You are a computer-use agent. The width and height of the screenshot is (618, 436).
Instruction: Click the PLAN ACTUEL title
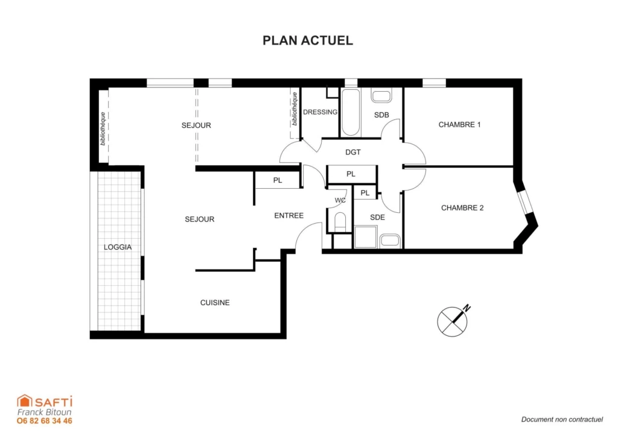point(308,40)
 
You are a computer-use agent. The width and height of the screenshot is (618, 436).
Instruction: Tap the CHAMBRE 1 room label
point(459,125)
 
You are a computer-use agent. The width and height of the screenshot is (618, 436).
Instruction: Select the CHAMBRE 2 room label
point(462,208)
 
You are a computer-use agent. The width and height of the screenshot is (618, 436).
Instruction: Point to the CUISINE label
point(215,303)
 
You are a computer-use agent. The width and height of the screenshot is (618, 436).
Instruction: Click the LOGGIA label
point(118,247)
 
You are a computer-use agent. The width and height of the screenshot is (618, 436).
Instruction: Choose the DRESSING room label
point(320,112)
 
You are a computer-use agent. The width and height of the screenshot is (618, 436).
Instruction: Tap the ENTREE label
point(289,216)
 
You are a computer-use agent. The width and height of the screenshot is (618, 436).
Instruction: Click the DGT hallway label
point(352,153)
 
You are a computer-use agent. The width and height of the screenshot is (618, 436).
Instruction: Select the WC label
point(340,200)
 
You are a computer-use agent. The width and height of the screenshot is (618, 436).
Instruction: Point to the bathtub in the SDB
point(351,113)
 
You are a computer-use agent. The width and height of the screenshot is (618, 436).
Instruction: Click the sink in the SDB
point(381,96)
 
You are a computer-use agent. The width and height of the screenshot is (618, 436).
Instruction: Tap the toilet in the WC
point(340,223)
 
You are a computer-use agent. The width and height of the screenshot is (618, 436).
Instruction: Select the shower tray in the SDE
point(365,237)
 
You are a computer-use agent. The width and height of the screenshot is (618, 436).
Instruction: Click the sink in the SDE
point(390,241)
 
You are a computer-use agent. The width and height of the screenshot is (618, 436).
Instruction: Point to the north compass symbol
point(454,320)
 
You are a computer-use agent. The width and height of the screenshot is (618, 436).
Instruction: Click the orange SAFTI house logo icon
point(24,401)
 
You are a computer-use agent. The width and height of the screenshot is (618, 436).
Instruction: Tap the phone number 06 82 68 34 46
point(45,421)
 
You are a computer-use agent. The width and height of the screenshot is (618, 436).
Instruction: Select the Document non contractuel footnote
point(562,420)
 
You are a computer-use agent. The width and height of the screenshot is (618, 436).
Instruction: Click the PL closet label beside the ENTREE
point(278,180)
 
